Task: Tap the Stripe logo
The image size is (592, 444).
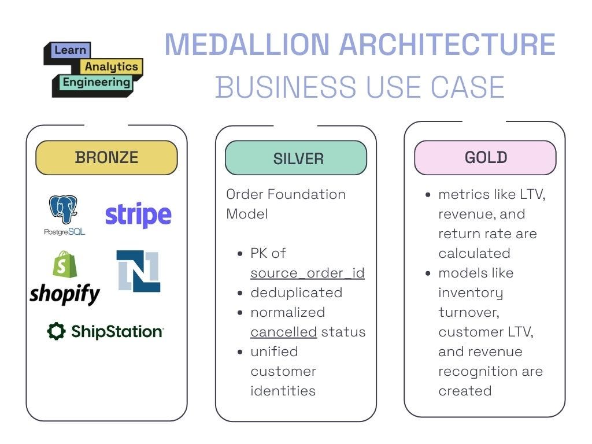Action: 138,215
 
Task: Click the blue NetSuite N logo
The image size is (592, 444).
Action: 138,271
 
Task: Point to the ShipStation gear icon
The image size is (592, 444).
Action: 56,331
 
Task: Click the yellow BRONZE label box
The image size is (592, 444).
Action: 106,157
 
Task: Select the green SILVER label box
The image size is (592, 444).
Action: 295,158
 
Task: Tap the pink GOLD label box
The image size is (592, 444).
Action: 485,157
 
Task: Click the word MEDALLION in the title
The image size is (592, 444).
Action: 247,45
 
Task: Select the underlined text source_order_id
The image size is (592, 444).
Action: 307,273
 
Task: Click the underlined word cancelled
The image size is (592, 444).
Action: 283,332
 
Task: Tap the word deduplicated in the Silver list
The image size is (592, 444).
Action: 296,293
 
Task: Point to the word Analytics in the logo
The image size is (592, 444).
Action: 112,66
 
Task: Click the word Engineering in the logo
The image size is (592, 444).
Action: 96,82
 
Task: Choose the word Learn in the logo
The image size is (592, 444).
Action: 70,50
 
